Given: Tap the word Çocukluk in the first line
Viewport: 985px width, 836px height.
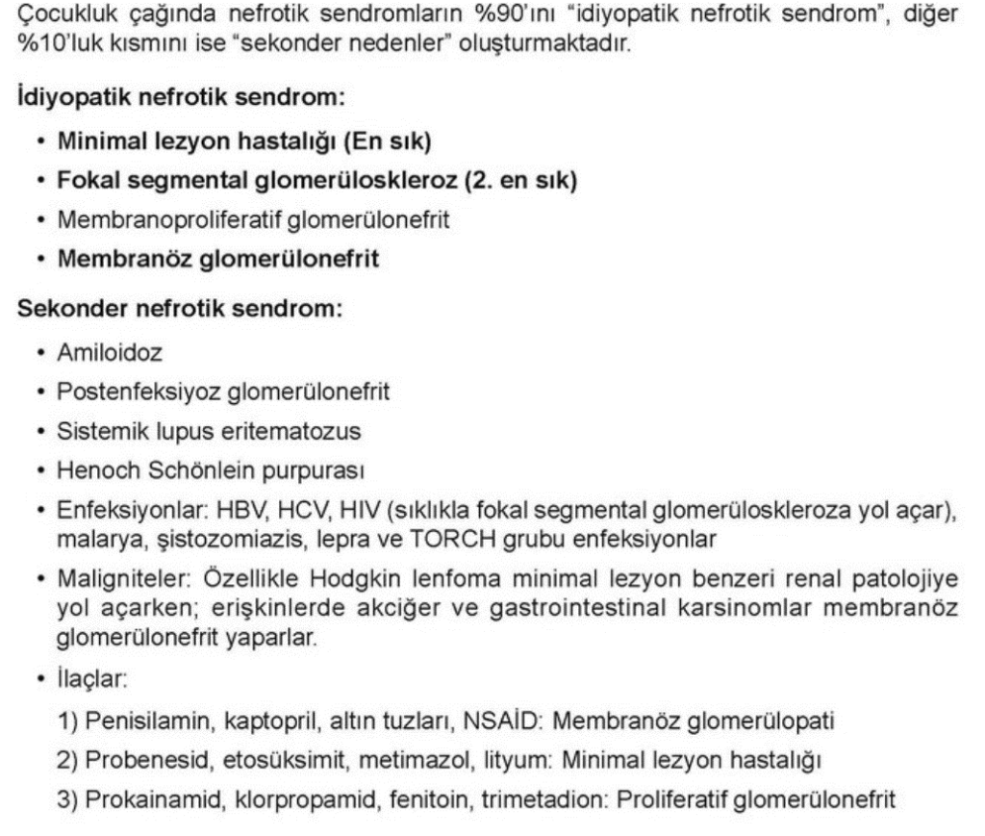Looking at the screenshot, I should [x=59, y=16].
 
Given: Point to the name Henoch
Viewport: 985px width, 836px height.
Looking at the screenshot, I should [x=94, y=470].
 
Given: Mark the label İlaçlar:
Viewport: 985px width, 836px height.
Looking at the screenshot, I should [x=92, y=678].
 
